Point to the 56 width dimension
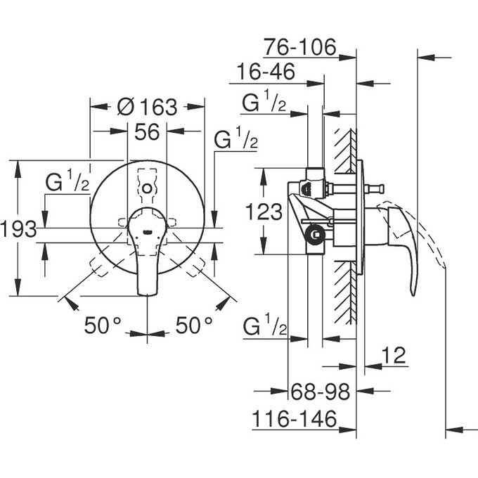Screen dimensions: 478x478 point(146,131)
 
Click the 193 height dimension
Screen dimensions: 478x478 point(18,228)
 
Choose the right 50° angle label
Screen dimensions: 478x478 point(194,325)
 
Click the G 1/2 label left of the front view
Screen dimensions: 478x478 point(67,183)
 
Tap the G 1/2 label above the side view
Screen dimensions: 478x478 point(264,103)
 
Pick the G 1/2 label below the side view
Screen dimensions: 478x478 point(264,327)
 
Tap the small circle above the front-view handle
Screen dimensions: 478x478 point(146,188)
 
